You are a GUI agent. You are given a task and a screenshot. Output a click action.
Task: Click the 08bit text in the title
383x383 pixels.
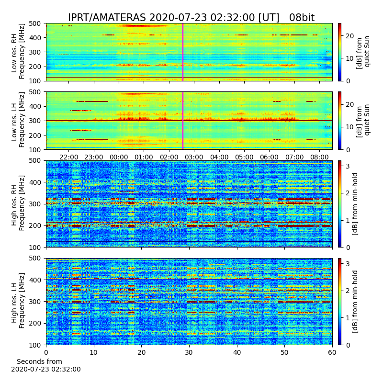tap(302, 18)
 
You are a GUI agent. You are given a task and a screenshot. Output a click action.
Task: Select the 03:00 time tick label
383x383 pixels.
tap(194, 157)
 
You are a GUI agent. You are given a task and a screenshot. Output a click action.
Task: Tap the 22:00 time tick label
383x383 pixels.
tap(68, 157)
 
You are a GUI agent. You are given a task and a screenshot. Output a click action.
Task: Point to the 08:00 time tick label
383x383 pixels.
tap(319, 157)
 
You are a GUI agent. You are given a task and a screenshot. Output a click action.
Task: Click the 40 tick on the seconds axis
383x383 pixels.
tap(237, 352)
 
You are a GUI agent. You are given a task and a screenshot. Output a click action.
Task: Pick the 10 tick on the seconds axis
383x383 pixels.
tap(94, 352)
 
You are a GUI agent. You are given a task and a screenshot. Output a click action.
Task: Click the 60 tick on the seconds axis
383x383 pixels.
tap(332, 352)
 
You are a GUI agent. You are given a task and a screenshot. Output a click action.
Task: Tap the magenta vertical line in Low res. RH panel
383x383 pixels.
tap(183, 52)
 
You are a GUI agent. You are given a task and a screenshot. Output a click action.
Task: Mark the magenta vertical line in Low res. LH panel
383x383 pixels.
tap(183, 121)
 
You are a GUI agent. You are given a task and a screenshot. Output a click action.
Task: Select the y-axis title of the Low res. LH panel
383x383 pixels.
tap(18, 120)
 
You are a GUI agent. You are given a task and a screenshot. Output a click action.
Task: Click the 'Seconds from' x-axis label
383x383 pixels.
tap(39, 361)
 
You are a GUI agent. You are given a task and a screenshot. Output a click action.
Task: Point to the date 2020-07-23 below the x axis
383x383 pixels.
tap(30, 369)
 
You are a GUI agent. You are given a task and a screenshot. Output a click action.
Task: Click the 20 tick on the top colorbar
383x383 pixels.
tap(349, 36)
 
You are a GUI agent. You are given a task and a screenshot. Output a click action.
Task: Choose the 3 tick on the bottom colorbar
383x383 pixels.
tap(348, 264)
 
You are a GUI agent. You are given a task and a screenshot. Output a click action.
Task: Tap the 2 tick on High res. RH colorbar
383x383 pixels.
tap(348, 193)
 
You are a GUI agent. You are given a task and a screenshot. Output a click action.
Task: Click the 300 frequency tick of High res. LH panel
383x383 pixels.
tap(35, 302)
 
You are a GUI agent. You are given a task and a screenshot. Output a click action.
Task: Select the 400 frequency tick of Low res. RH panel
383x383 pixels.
tap(35, 38)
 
